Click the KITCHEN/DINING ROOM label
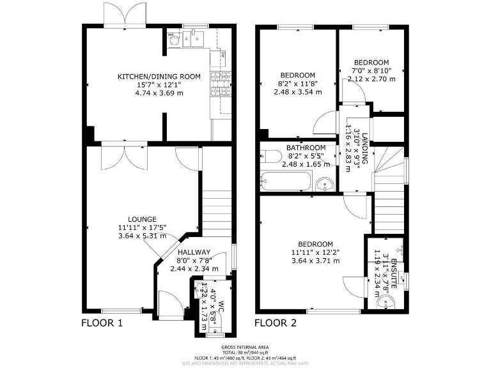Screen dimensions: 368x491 tap(159, 77)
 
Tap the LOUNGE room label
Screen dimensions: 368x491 tap(141, 219)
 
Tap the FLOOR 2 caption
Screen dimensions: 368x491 tap(276, 323)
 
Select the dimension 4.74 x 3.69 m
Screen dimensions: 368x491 tap(159, 93)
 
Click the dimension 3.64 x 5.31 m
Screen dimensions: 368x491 tap(141, 235)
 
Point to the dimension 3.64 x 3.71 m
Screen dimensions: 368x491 tap(315, 260)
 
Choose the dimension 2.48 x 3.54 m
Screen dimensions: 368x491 tap(297, 91)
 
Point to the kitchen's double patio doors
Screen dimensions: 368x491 tap(124, 14)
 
